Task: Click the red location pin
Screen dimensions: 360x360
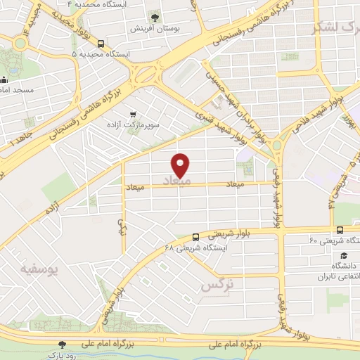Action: tap(181, 165)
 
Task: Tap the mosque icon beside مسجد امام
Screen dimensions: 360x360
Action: tap(4, 79)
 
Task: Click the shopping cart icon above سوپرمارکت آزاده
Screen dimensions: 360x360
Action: tap(131, 114)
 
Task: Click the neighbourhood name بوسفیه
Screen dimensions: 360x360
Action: tap(39, 269)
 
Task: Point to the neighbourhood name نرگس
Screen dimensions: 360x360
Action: tap(217, 285)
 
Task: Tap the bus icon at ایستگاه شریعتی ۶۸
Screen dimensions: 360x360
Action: tap(195, 237)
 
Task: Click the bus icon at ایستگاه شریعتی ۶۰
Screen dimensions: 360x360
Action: tap(340, 230)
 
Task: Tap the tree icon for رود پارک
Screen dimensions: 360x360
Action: tap(62, 345)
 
